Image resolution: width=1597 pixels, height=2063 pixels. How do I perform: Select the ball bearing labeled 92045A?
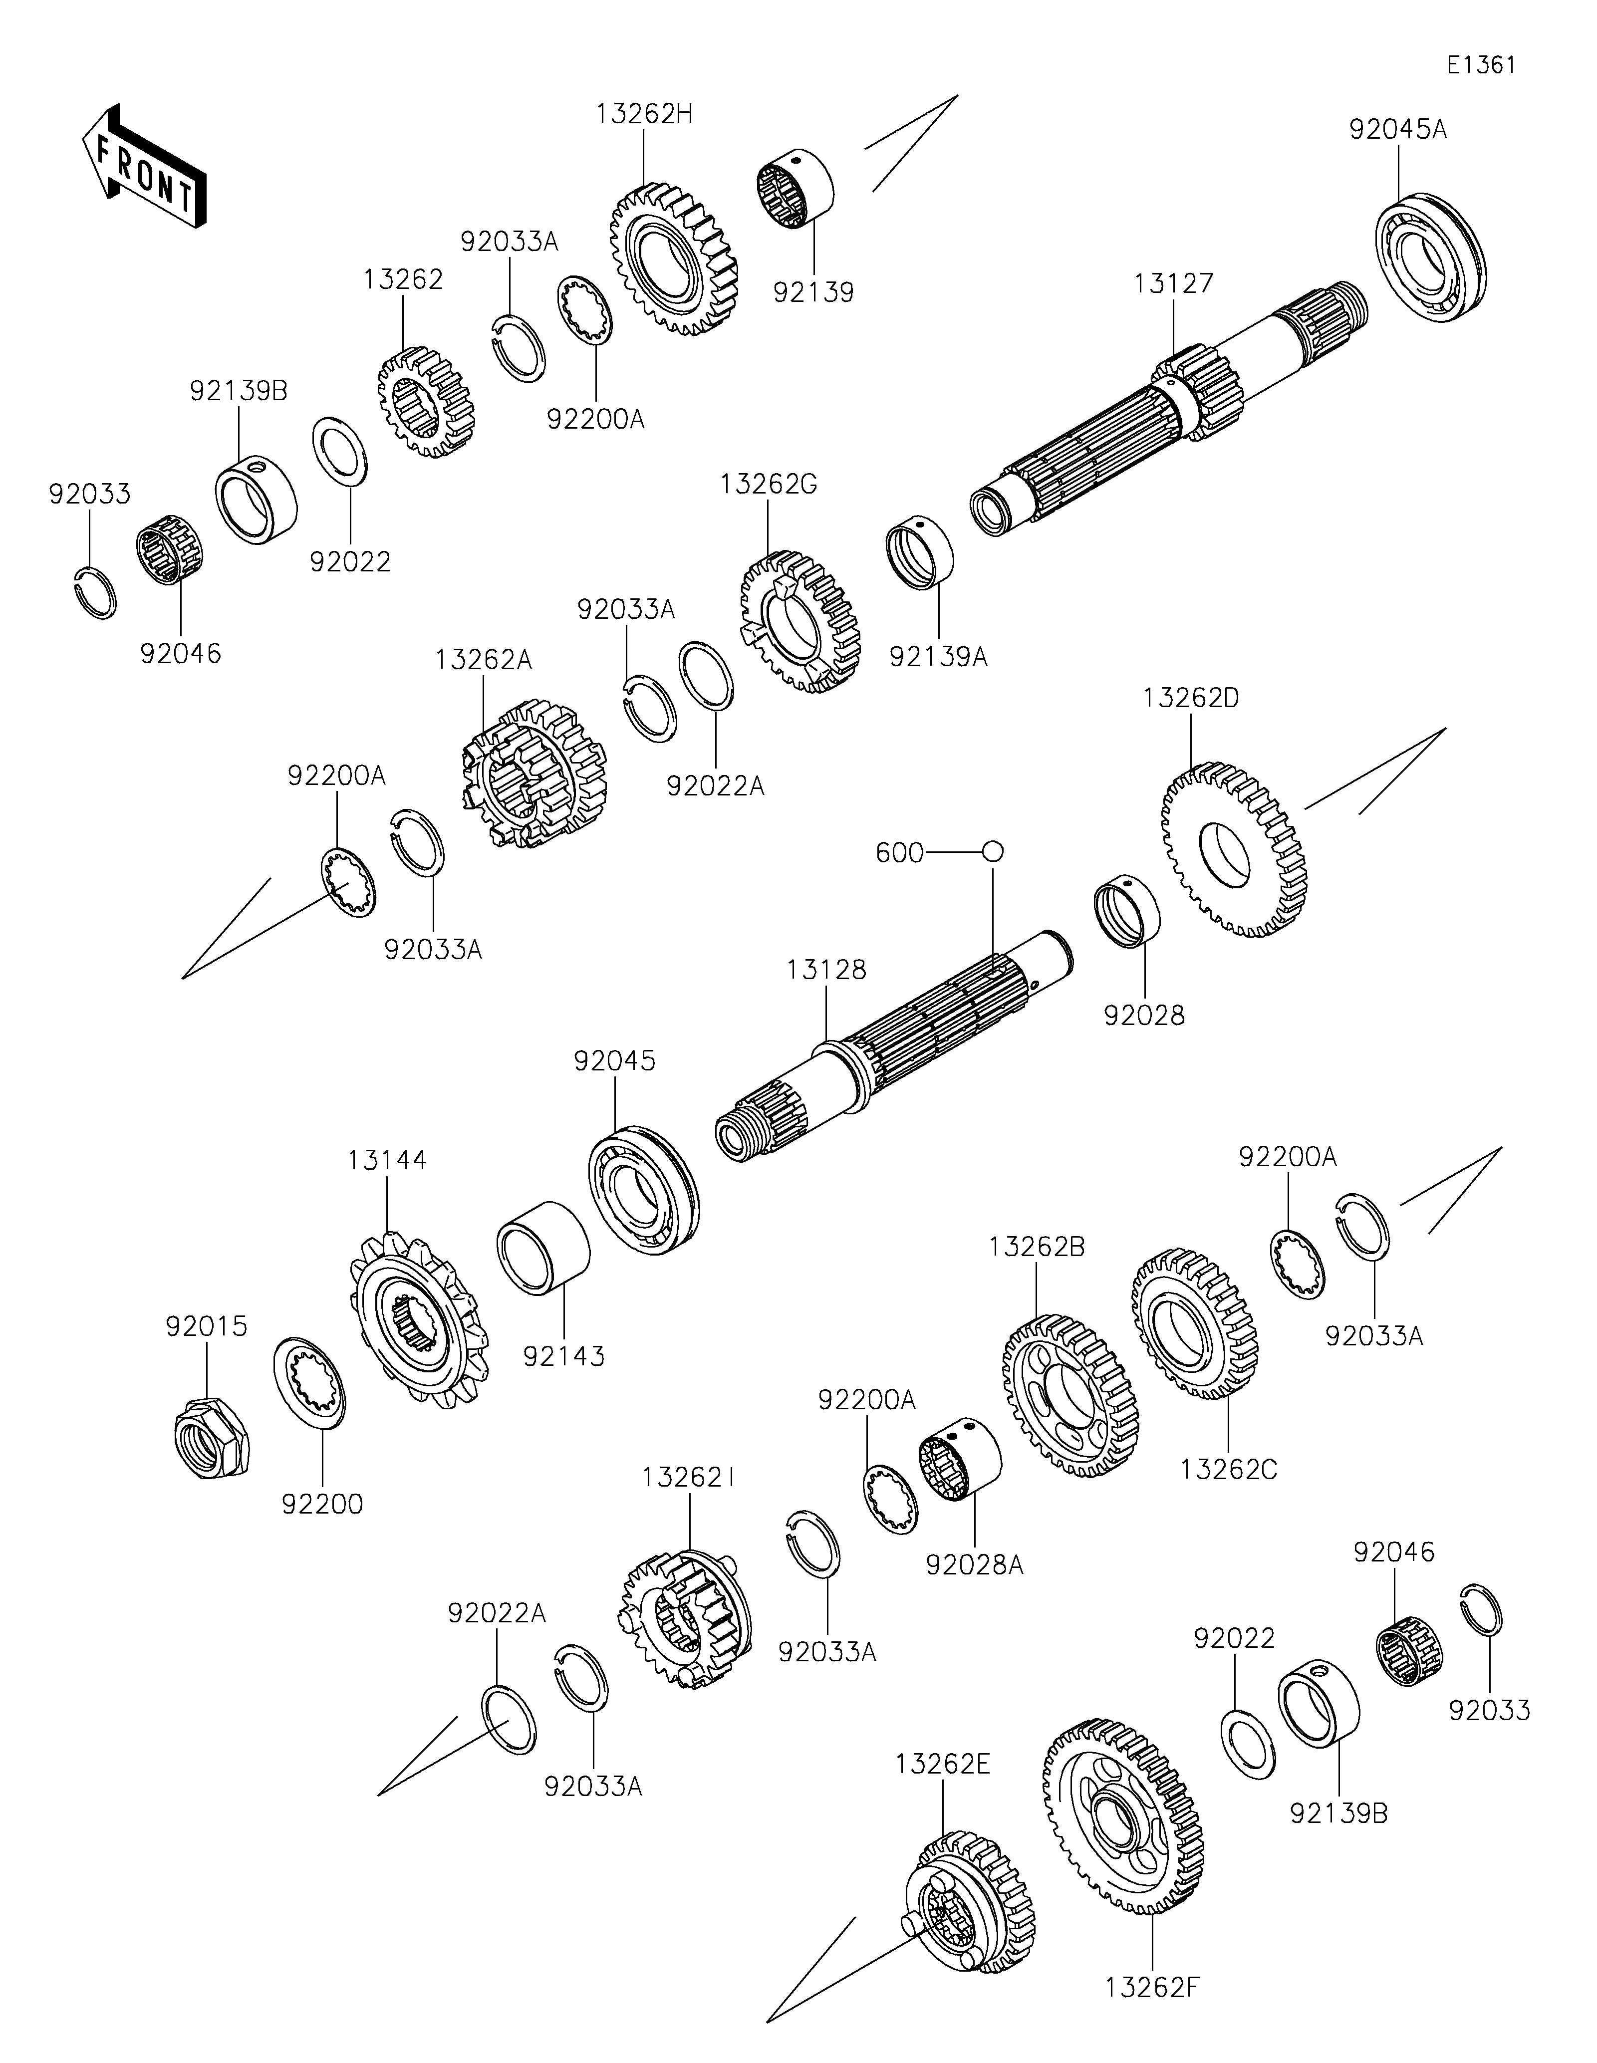point(1430,259)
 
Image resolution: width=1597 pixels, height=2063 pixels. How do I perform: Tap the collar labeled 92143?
point(543,1247)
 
